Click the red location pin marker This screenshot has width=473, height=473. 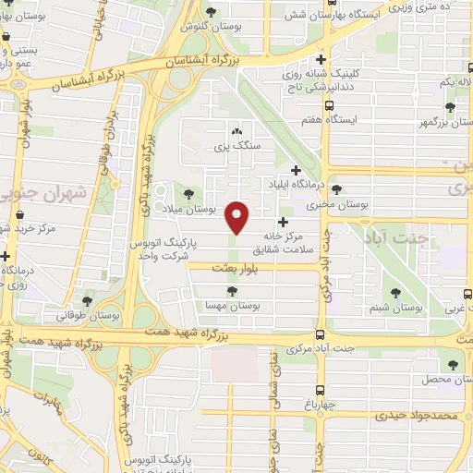(x=238, y=218)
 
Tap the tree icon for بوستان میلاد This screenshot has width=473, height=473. (x=189, y=193)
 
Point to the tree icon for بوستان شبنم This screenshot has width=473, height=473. (x=396, y=292)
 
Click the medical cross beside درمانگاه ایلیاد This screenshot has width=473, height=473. (x=296, y=170)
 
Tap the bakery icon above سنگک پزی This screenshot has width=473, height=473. (x=238, y=132)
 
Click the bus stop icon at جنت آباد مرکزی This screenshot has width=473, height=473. (x=320, y=335)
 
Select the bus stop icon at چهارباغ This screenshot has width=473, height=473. (x=320, y=391)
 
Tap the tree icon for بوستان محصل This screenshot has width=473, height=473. (x=452, y=366)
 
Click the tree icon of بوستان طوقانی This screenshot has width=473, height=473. (x=88, y=300)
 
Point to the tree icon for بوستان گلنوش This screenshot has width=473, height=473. (x=213, y=11)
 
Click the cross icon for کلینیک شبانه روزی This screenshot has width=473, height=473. (x=320, y=57)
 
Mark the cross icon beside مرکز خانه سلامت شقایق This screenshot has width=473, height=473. (x=283, y=222)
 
